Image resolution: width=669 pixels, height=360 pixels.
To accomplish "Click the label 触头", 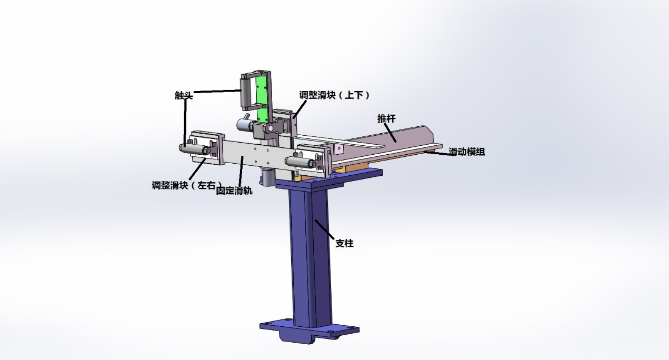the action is (x=184, y=95).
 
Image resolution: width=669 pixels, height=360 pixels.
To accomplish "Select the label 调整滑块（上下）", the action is (x=335, y=95).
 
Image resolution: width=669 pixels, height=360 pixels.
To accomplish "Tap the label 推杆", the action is (x=386, y=118).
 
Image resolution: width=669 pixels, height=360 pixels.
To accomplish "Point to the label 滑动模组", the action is (x=466, y=152).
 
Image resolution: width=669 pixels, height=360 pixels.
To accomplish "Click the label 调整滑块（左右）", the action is (x=187, y=185).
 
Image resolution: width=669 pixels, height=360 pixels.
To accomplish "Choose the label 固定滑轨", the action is (x=234, y=191).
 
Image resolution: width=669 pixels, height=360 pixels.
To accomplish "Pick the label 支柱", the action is (x=344, y=243).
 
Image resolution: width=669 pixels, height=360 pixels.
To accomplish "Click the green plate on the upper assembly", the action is (x=262, y=98).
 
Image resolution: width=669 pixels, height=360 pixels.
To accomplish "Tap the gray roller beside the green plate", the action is (x=245, y=92).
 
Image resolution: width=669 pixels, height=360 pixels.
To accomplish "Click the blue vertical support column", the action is (x=311, y=257).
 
